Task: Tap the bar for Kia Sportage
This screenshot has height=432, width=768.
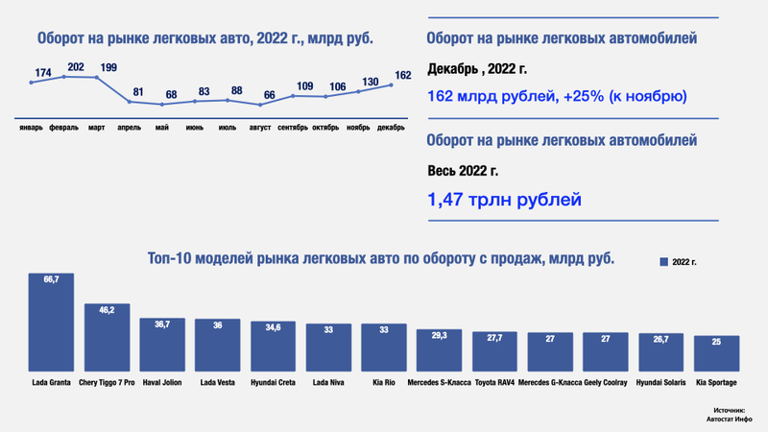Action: (x=716, y=355)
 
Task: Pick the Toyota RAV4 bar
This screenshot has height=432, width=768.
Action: (x=495, y=353)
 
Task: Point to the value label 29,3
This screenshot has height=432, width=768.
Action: (x=440, y=335)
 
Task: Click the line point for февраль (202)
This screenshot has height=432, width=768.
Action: (x=64, y=76)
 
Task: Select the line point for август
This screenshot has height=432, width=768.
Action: (x=260, y=104)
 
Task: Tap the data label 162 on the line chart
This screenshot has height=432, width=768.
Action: (x=403, y=74)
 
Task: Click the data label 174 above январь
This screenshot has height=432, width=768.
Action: (x=42, y=73)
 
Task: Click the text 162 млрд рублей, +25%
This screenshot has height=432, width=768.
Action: (x=556, y=96)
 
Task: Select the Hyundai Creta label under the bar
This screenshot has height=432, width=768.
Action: (x=273, y=384)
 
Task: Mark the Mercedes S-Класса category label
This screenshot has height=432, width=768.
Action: (x=440, y=384)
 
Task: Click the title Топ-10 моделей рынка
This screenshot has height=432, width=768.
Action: (x=380, y=258)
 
